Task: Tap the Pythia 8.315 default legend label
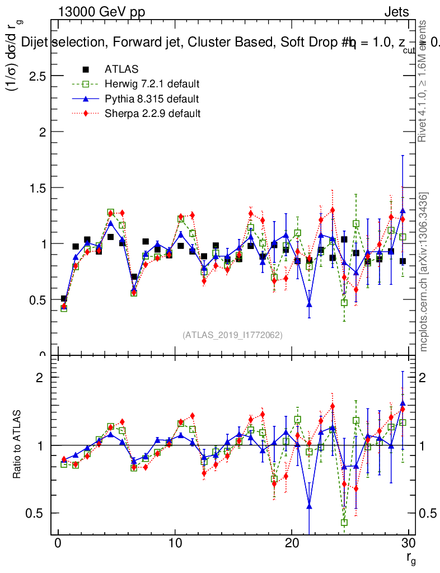pyautogui.click(x=152, y=99)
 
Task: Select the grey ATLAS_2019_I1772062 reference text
pyautogui.click(x=232, y=335)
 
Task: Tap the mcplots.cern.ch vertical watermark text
pyautogui.click(x=424, y=272)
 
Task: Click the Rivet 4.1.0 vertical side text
pyautogui.click(x=424, y=81)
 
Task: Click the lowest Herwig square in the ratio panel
pyautogui.click(x=344, y=522)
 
